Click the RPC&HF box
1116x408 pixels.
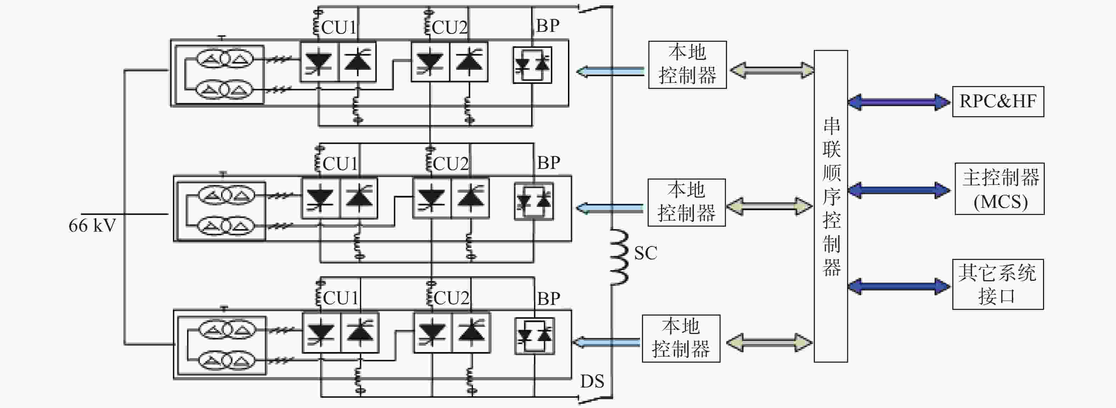pos(998,101)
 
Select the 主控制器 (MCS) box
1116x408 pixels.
pos(999,189)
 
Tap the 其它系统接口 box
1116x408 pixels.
pos(998,284)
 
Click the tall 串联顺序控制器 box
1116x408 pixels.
pos(830,206)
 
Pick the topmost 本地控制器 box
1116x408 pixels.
pos(687,65)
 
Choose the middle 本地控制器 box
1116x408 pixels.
pos(686,202)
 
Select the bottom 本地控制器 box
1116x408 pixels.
pos(681,338)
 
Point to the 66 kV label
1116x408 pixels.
pos(92,226)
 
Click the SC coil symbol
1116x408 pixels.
pos(619,257)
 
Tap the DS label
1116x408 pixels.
pos(592,381)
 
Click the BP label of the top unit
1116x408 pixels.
pos(548,26)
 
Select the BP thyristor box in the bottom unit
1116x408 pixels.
pos(535,336)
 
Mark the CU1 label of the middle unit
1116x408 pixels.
pos(340,164)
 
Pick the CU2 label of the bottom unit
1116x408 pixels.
pos(451,298)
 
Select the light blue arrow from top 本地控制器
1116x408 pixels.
pos(610,71)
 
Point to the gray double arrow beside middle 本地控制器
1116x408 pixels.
pos(770,206)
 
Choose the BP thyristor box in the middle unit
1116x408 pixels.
pos(534,202)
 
